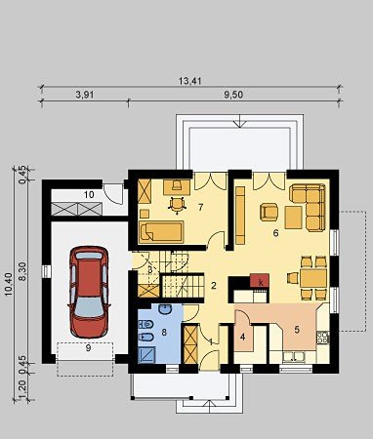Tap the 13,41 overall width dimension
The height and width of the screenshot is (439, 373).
(x=190, y=81)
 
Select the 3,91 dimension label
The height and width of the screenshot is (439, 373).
(x=85, y=95)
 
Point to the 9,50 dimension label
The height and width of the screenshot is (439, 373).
(x=233, y=95)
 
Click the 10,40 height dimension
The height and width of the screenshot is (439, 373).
(x=9, y=284)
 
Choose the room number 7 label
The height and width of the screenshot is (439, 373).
(x=200, y=207)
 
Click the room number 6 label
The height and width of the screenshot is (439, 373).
(x=275, y=233)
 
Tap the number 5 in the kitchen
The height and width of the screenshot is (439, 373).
(x=297, y=330)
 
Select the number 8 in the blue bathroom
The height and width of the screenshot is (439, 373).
(x=164, y=332)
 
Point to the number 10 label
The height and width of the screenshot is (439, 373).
(x=89, y=195)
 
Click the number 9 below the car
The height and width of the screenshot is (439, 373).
(x=88, y=348)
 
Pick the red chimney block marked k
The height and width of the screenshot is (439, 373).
(x=260, y=281)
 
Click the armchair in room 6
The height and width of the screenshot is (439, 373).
(x=269, y=212)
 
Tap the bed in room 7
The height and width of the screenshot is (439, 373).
(x=161, y=232)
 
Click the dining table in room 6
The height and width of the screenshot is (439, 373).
(x=313, y=278)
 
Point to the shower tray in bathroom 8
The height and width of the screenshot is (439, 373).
(x=147, y=354)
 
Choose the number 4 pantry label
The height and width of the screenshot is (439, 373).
(x=242, y=337)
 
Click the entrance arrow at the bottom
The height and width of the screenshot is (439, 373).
(x=208, y=407)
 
